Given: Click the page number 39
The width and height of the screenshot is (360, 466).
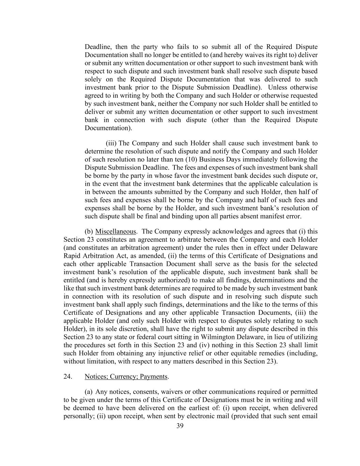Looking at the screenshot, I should click(180, 425).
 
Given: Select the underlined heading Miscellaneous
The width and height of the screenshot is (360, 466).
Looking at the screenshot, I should click(116, 231).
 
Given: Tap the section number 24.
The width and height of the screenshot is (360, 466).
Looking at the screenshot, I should click(68, 377).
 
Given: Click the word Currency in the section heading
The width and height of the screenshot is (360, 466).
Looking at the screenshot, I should click(124, 377).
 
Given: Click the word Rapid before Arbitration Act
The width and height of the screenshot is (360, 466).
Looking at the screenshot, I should click(72, 256).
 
